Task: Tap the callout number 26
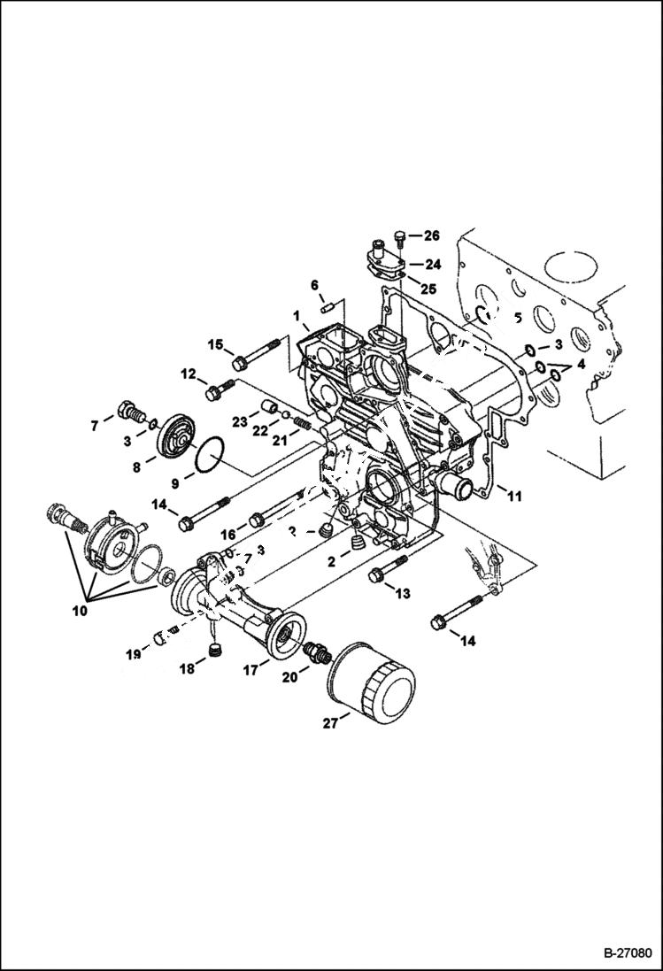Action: pos(431,235)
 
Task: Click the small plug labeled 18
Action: pos(212,654)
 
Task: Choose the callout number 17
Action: pos(251,672)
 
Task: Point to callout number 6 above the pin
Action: pos(313,284)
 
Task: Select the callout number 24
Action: pos(432,264)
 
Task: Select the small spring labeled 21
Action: pos(303,424)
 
